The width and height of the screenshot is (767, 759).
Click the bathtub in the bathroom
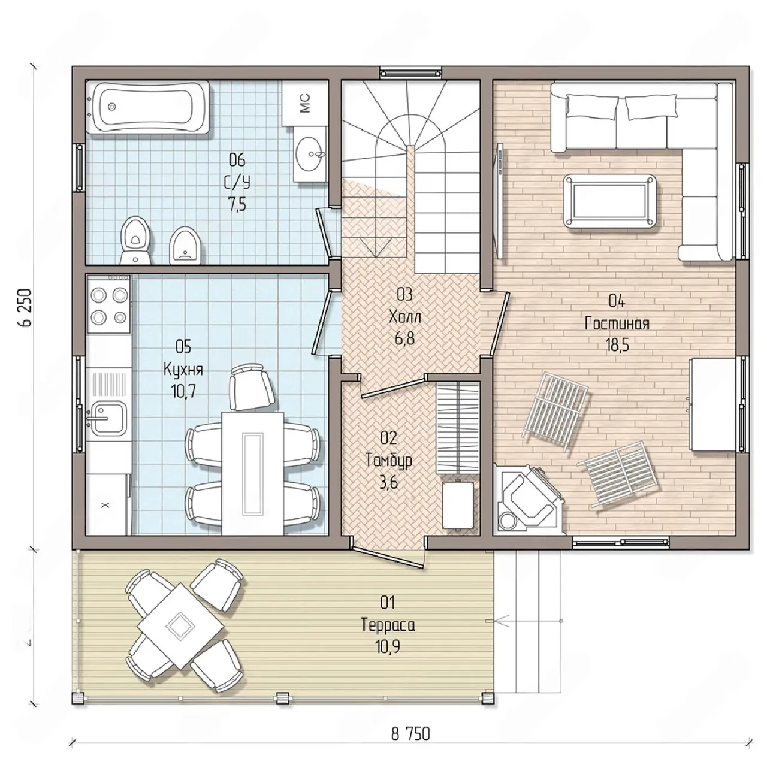pyautogui.click(x=148, y=107)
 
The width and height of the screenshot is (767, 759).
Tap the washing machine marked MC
pyautogui.click(x=305, y=103)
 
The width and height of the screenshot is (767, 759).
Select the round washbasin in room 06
pyautogui.click(x=311, y=153)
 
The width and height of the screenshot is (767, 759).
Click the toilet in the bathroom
pyautogui.click(x=136, y=240)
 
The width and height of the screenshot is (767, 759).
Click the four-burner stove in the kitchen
pyautogui.click(x=108, y=304)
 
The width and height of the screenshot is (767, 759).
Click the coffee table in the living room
pyautogui.click(x=609, y=201)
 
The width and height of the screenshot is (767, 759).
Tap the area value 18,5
pyautogui.click(x=617, y=345)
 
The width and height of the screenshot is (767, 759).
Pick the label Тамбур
pyautogui.click(x=388, y=461)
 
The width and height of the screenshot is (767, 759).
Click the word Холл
pyautogui.click(x=404, y=317)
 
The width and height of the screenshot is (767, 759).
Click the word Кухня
pyautogui.click(x=183, y=370)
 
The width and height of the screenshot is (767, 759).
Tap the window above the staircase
pyautogui.click(x=410, y=73)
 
